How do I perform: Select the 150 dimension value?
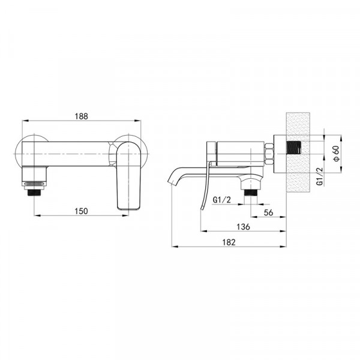[x=82, y=211]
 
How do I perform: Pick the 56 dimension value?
[x=269, y=212]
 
